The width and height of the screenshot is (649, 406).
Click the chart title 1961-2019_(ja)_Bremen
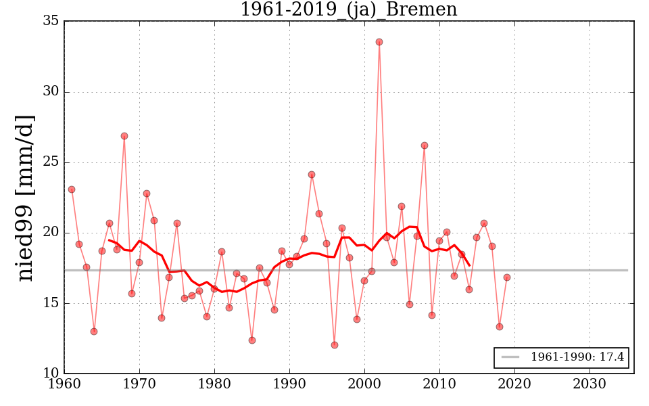(348, 9)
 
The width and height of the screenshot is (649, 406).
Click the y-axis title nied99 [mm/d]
(25, 198)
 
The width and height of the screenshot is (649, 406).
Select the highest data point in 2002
(379, 42)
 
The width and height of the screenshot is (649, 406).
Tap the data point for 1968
(124, 136)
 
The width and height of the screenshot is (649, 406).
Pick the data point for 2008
(425, 145)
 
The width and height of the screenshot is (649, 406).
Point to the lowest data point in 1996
(335, 345)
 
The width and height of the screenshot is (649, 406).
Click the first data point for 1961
(72, 189)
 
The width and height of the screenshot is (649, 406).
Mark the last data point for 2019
(507, 277)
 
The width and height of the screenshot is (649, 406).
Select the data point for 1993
(312, 175)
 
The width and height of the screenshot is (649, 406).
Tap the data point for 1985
(252, 340)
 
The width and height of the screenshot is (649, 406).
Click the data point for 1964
(94, 332)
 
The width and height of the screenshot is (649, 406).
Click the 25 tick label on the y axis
(51, 162)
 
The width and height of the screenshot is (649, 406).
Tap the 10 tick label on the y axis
(51, 374)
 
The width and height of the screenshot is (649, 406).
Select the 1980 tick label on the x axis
(215, 383)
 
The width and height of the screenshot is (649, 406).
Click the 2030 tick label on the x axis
(590, 383)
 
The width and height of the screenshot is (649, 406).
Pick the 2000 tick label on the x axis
(365, 383)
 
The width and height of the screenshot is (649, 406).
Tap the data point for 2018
(500, 327)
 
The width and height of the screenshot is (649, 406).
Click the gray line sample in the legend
(510, 357)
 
